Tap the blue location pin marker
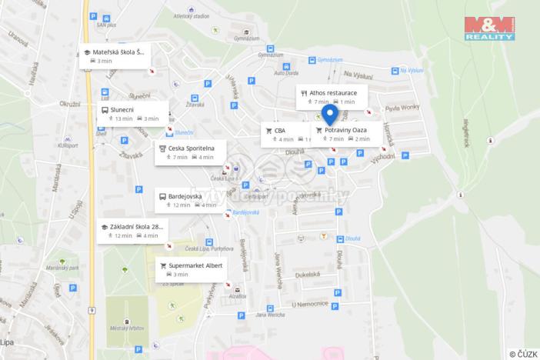(330, 115)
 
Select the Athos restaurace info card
(332, 96)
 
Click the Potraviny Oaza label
(345, 130)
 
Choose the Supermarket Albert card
(192, 268)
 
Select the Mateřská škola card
(115, 55)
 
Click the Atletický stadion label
(191, 15)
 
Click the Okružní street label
(69, 103)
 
